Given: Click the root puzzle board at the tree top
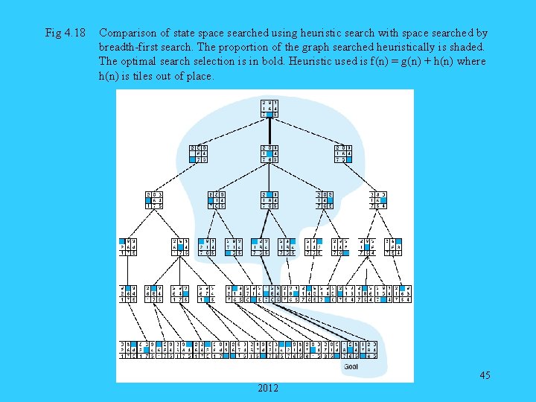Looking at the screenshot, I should coord(269,109).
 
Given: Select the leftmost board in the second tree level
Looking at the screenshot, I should coord(199,153).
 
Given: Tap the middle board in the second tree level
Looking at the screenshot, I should coord(269,153).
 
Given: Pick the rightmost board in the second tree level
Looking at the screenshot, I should coord(344,153).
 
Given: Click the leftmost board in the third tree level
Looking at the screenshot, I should coord(154,200).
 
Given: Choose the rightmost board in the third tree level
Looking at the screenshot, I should coord(378,200).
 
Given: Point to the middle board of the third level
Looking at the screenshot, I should coord(269,200).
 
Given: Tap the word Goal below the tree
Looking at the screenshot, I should coord(351,366).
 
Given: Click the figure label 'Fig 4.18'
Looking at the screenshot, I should coord(66,33).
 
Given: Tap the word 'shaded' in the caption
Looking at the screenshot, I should coord(465,48).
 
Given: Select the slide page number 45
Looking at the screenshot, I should coord(485,375).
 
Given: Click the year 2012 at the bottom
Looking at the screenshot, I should coord(269,388).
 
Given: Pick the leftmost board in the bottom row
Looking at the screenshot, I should coord(127,350).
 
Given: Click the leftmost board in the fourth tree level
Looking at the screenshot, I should coord(127,246).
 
